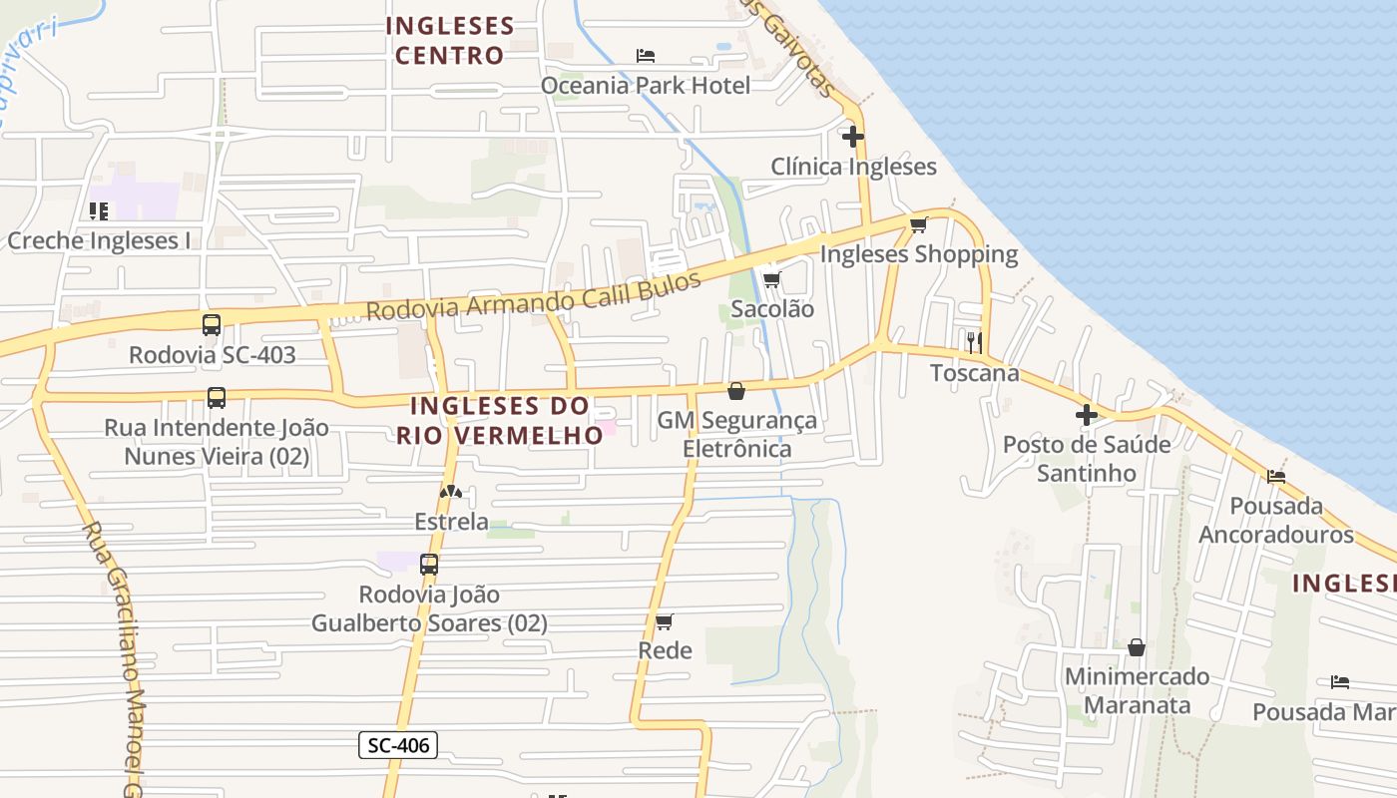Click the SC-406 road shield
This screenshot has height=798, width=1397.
click(398, 744)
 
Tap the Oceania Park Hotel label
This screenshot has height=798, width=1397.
click(645, 86)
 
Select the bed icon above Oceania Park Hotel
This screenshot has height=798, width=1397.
click(646, 55)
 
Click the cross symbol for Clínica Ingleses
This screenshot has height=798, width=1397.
click(853, 137)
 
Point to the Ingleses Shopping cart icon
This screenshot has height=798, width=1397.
click(918, 224)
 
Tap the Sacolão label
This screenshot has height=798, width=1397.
click(772, 309)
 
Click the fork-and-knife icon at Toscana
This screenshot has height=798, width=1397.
click(974, 342)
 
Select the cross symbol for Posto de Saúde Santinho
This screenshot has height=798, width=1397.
click(1087, 415)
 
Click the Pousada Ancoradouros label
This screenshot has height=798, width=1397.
click(1275, 520)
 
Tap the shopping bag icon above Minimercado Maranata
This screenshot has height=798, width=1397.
click(1136, 648)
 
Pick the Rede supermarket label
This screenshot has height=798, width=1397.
click(665, 650)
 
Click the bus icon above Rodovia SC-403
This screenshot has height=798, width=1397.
click(212, 325)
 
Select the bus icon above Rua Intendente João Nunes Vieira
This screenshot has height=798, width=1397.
click(217, 398)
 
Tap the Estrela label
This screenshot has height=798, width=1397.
click(451, 522)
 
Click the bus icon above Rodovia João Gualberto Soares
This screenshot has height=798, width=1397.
click(429, 565)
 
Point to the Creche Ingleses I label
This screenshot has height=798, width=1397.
click(98, 240)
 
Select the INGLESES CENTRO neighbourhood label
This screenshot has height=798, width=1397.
click(449, 41)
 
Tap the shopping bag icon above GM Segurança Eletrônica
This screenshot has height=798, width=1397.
click(736, 391)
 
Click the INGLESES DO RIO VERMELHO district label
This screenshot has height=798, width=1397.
click(500, 421)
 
